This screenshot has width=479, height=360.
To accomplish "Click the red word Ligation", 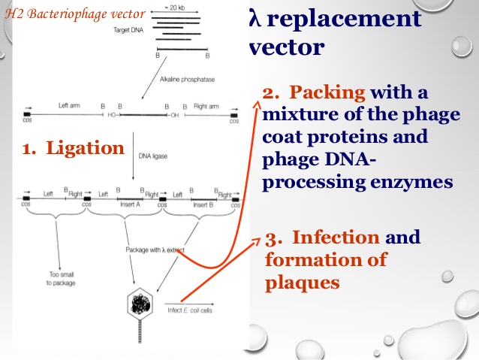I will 85,148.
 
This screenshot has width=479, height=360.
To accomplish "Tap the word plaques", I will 303,283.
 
